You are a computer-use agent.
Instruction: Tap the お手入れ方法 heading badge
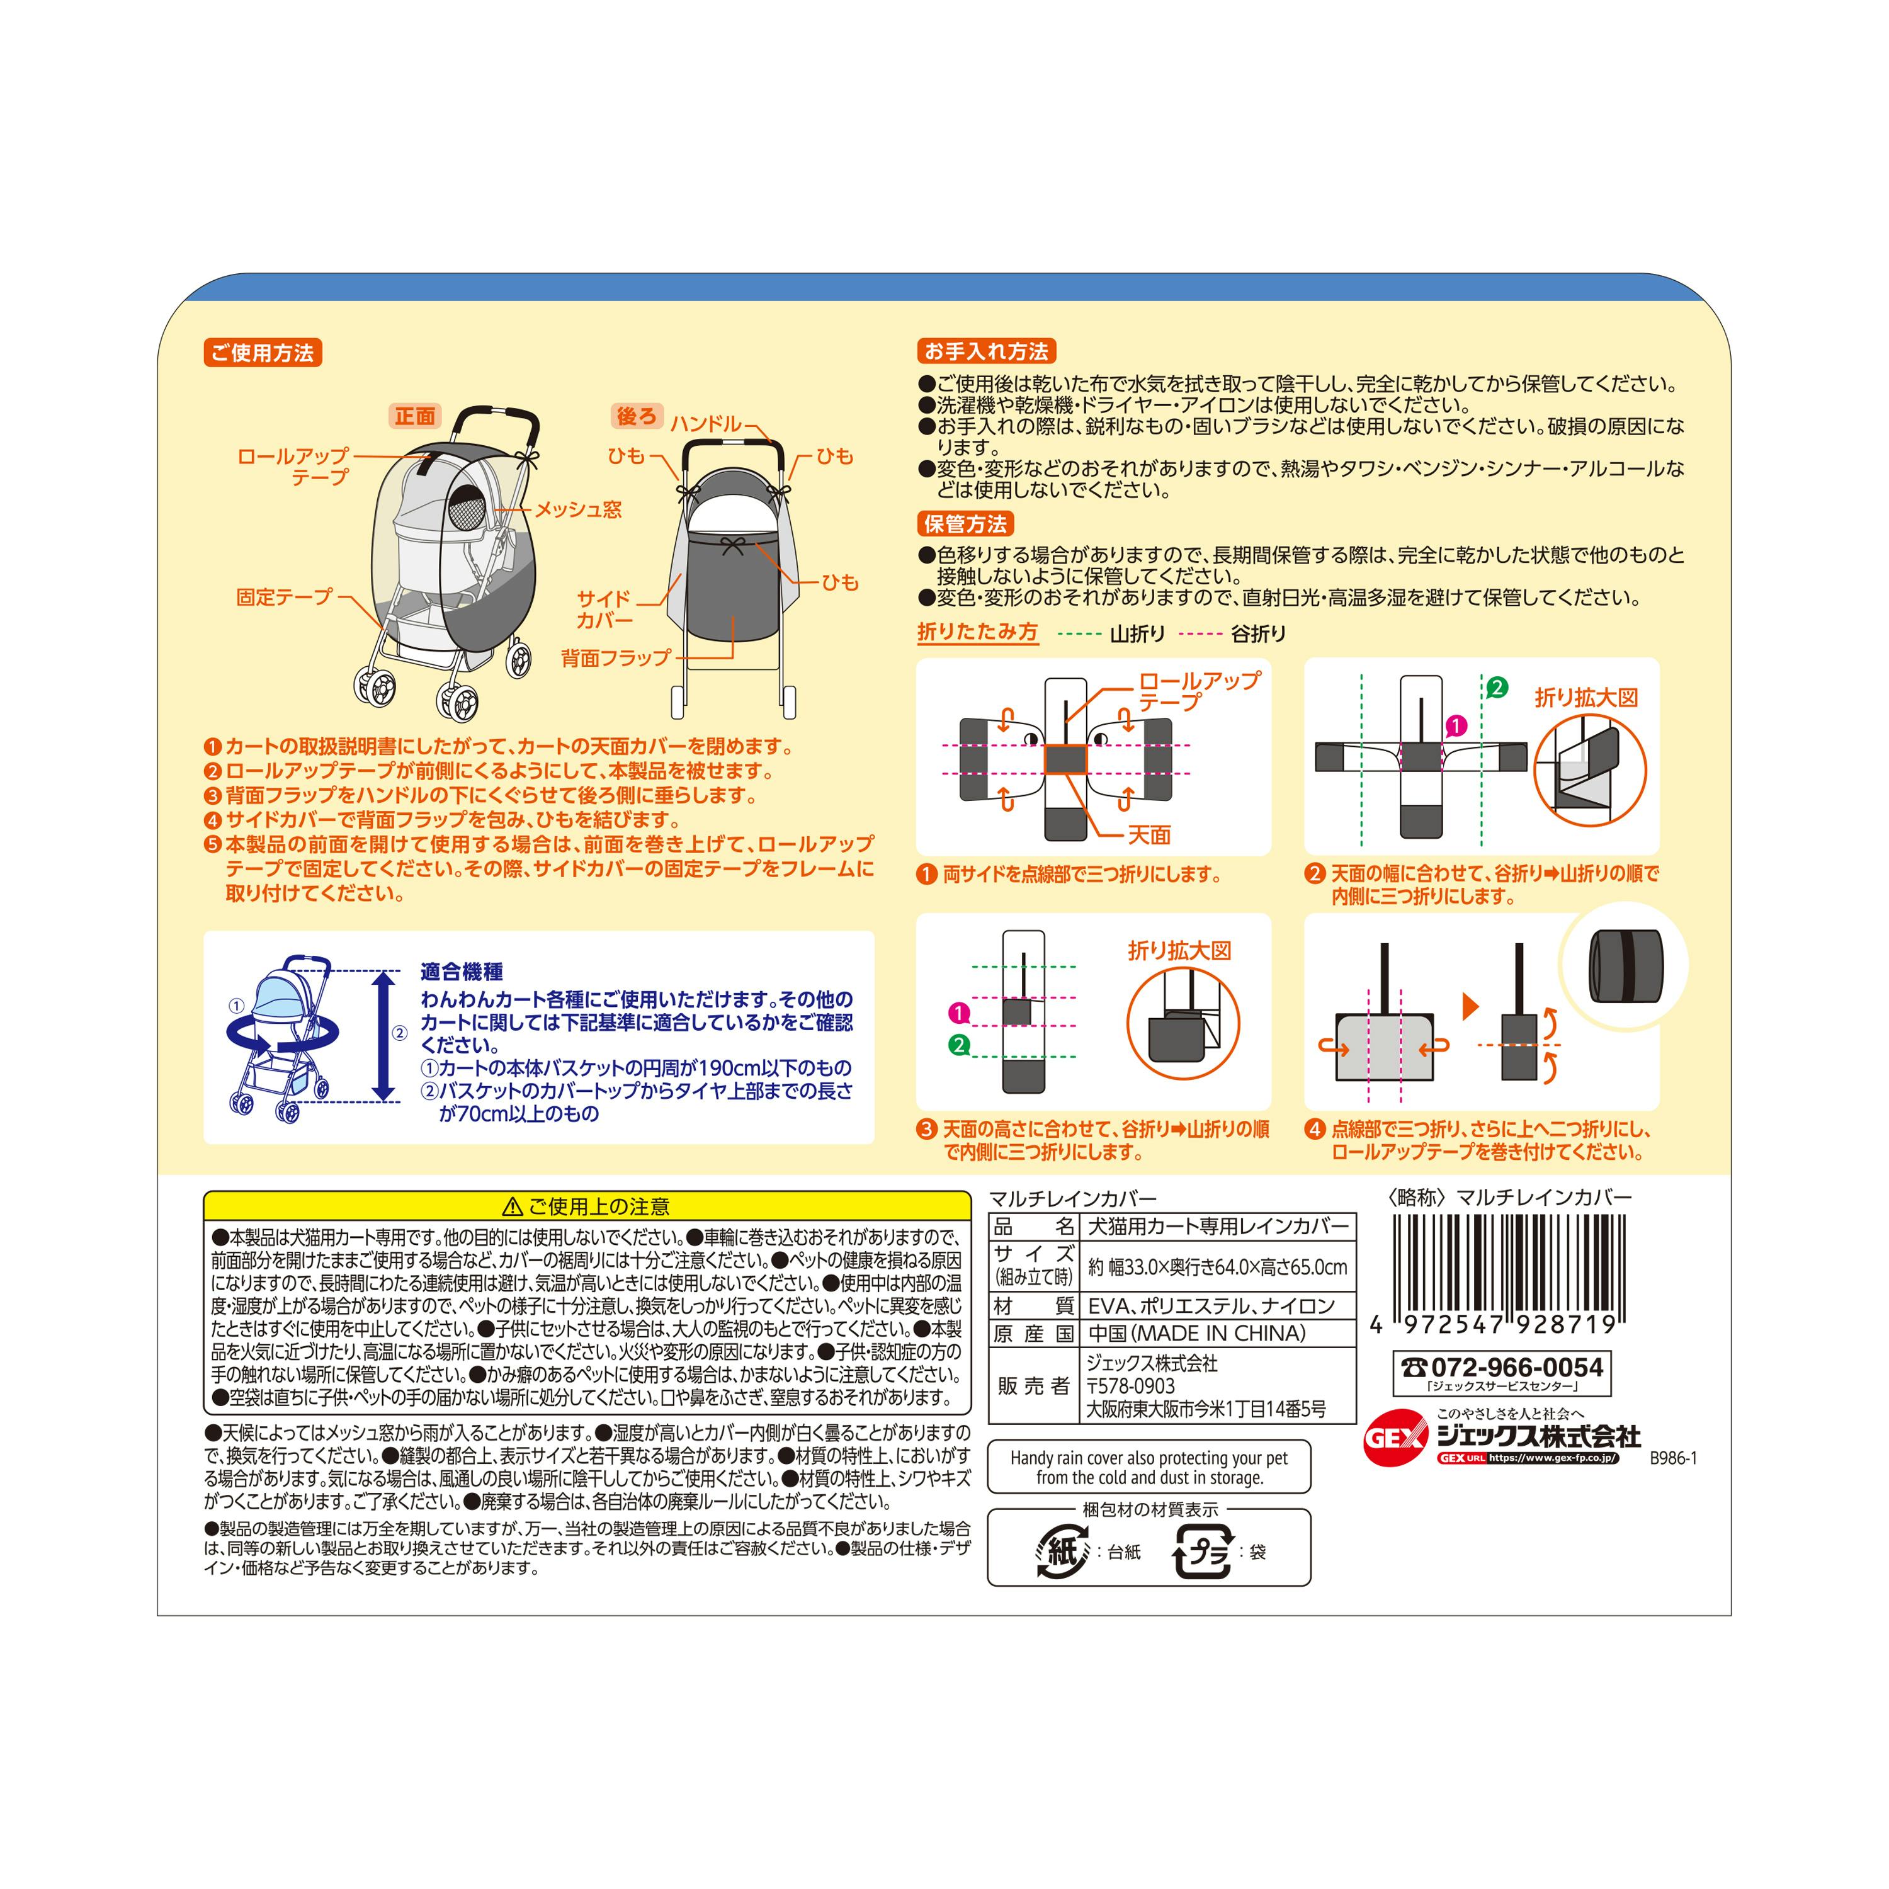(x=987, y=351)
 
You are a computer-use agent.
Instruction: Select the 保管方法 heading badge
(x=965, y=524)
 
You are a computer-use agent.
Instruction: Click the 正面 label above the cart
(x=414, y=416)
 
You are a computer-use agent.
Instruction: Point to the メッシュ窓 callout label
(x=578, y=509)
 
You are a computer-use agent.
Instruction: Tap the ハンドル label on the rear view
(x=706, y=423)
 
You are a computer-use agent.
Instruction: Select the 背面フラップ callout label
(x=616, y=658)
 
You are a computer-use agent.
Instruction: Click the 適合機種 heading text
(x=462, y=972)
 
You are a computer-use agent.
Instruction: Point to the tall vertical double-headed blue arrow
(x=384, y=1035)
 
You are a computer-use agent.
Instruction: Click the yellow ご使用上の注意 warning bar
(x=587, y=1206)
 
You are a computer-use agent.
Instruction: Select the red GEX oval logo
(x=1396, y=1438)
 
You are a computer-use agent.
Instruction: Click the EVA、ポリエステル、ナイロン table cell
(x=1211, y=1305)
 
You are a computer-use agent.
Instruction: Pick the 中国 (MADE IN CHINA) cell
(x=1197, y=1334)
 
